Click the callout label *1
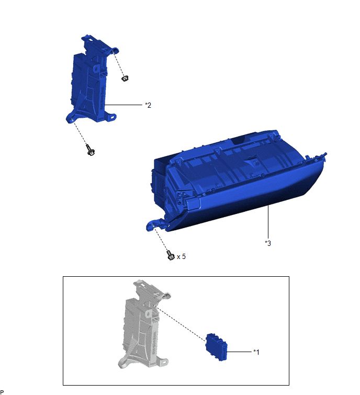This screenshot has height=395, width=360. [256, 352]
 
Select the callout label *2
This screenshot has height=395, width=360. [148, 105]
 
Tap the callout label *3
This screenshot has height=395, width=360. [268, 243]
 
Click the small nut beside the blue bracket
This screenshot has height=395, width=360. [124, 78]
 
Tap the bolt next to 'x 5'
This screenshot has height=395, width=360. [170, 255]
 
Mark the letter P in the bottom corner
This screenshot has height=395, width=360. [3, 391]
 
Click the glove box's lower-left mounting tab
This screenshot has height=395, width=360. [151, 226]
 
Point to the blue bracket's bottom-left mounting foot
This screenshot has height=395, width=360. [69, 119]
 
